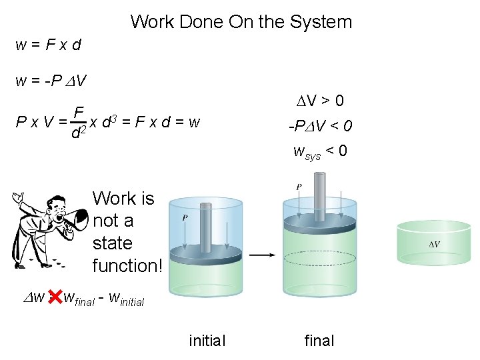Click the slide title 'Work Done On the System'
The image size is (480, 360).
(241, 22)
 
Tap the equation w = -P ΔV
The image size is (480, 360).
(51, 81)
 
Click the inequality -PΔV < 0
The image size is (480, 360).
(320, 126)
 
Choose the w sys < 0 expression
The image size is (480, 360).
(320, 151)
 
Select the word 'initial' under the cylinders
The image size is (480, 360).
(207, 341)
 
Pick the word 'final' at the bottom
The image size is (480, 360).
(319, 341)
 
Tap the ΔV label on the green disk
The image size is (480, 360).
(433, 244)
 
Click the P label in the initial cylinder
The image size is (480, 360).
(183, 217)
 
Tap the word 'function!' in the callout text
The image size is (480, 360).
(127, 266)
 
